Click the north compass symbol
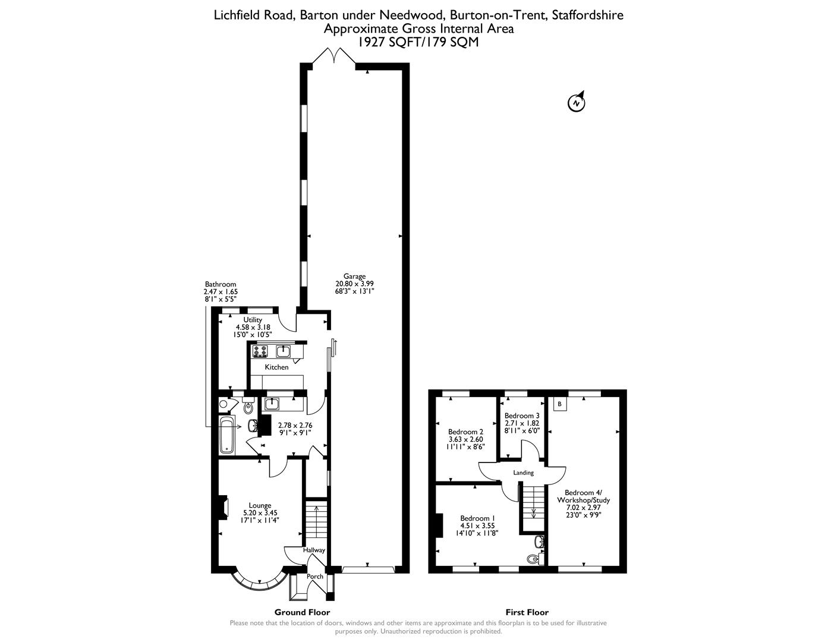point(576,102)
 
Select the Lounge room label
point(260,505)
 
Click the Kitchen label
point(276,367)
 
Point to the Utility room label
point(253,320)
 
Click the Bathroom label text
point(221,284)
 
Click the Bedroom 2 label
point(465,432)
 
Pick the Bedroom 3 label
point(521,416)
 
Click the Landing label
point(524,473)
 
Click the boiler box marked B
point(559,404)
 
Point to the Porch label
point(314,577)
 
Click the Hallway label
point(314,550)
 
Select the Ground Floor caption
point(302,612)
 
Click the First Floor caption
point(527,612)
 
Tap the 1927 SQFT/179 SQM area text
point(418,42)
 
